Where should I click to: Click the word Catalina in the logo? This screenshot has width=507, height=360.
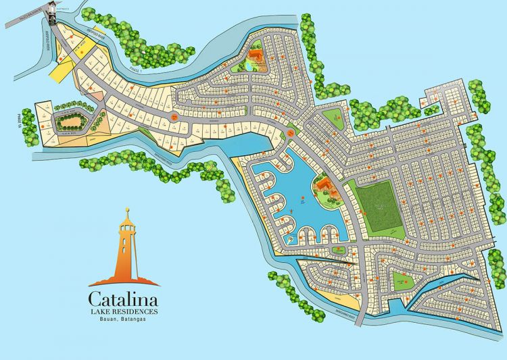124,297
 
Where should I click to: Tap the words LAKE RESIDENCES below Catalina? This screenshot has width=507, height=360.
124,311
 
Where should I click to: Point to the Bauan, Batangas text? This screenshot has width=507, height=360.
124,319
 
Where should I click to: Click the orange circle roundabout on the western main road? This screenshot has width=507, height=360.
173,117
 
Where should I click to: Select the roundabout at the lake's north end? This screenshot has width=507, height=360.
290,134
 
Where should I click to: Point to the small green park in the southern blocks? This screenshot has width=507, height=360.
402,278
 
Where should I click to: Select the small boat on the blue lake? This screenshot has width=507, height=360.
304,200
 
